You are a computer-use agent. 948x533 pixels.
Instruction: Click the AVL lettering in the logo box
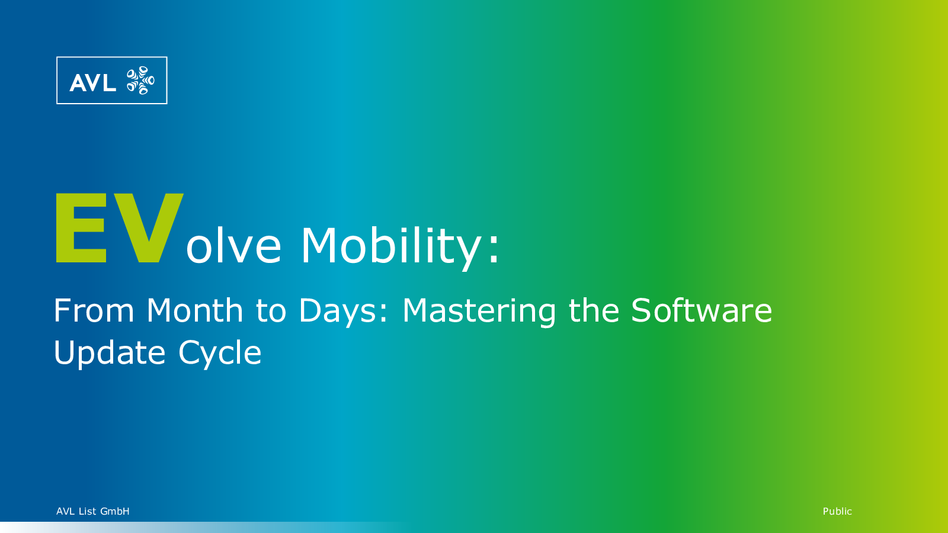[92, 82]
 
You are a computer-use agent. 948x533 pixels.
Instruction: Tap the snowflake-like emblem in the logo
[140, 80]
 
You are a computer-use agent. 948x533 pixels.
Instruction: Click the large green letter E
[81, 228]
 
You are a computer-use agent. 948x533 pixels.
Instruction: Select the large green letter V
[148, 228]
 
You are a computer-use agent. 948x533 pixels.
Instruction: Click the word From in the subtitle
[94, 310]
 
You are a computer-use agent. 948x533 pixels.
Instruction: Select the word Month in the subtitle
[195, 310]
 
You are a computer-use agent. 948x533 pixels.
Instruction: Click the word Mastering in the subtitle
[479, 312]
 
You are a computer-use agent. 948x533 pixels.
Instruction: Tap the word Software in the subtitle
[702, 310]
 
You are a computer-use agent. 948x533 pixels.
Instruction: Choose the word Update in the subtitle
[109, 354]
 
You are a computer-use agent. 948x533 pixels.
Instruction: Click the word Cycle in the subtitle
[220, 354]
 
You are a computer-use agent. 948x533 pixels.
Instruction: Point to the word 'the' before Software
[593, 310]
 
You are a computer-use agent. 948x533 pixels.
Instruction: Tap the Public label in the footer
[837, 512]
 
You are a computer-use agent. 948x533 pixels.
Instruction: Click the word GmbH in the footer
[115, 512]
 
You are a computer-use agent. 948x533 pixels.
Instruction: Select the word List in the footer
[88, 512]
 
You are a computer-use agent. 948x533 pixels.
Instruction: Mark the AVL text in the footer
[66, 512]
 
